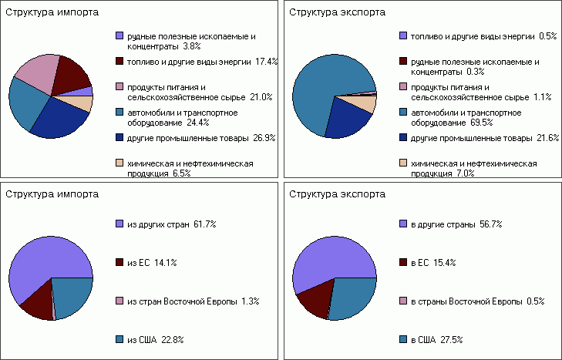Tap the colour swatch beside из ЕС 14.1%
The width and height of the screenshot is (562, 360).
click(x=119, y=263)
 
